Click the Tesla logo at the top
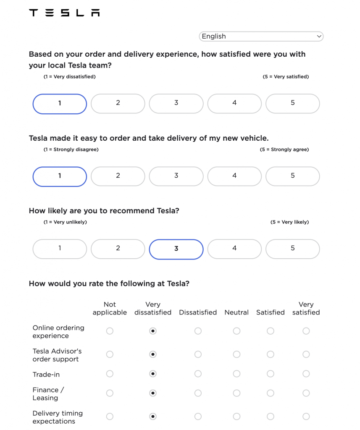click(64, 13)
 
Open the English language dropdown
click(261, 37)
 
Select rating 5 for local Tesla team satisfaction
click(293, 103)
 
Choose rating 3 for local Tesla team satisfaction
click(176, 103)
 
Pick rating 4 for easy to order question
click(234, 176)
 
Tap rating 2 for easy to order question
click(118, 176)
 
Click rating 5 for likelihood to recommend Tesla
click(293, 249)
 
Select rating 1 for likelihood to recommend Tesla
click(60, 249)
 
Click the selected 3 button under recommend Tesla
click(176, 249)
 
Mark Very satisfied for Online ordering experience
click(306, 331)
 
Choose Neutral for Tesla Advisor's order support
click(236, 355)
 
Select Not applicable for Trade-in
click(110, 374)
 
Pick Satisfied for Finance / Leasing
click(271, 393)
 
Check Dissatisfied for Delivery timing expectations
click(198, 417)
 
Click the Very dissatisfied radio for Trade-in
click(153, 374)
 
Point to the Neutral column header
click(236, 312)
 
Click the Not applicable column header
click(110, 309)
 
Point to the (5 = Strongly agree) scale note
click(284, 149)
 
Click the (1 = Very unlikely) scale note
click(65, 222)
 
